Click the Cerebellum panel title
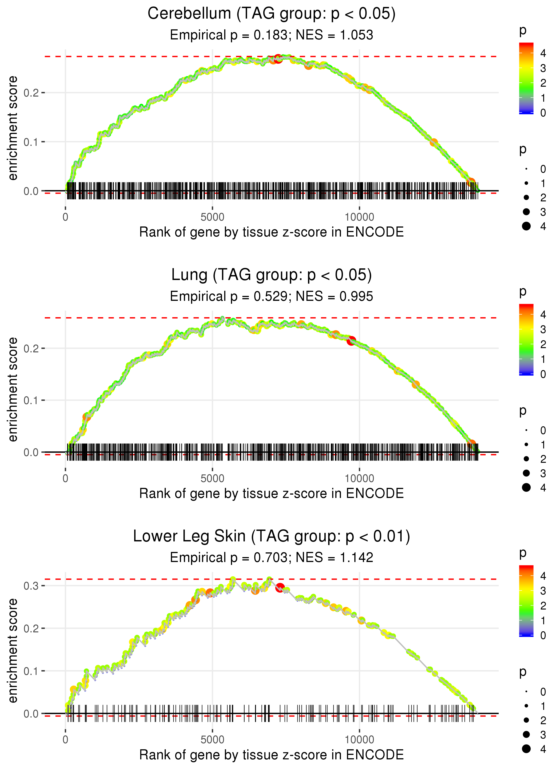point(271,14)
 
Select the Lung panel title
point(271,275)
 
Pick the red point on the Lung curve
point(351,341)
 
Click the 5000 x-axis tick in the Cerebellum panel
point(212,217)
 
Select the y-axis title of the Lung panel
point(13,389)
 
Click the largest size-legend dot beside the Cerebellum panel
point(526,226)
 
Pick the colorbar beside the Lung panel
point(526,339)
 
